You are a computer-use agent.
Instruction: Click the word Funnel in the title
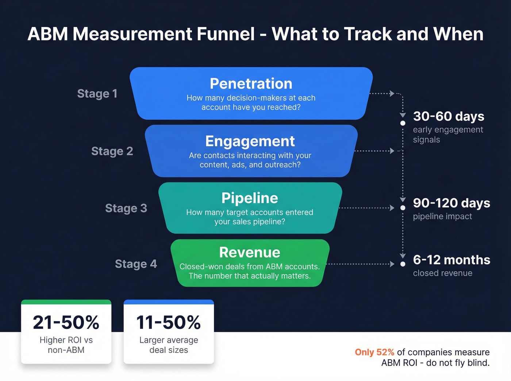[x=225, y=34]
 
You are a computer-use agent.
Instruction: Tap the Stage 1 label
[x=97, y=94]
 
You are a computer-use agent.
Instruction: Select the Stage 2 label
[x=112, y=151]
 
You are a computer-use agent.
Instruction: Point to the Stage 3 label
[x=126, y=208]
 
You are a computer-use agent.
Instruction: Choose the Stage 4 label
[x=136, y=264]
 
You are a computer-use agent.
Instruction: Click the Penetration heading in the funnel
[x=251, y=83]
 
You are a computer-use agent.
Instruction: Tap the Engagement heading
[x=250, y=141]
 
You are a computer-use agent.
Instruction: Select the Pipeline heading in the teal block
[x=250, y=198]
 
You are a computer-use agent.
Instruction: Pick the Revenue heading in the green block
[x=250, y=252]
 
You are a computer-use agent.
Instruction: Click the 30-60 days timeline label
[x=448, y=116]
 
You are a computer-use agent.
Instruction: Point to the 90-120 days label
[x=451, y=203]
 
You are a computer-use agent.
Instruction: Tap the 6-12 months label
[x=451, y=260]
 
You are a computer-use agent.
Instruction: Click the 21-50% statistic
[x=66, y=322]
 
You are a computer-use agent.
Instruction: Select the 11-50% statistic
[x=168, y=322]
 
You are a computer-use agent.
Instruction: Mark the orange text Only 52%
[x=374, y=352]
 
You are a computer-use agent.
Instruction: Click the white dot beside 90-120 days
[x=403, y=208]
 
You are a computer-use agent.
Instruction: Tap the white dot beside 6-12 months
[x=403, y=264]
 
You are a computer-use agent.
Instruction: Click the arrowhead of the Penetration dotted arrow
[x=392, y=93]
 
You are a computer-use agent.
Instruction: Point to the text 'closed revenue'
[x=442, y=273]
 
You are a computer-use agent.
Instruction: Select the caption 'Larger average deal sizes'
[x=169, y=345]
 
